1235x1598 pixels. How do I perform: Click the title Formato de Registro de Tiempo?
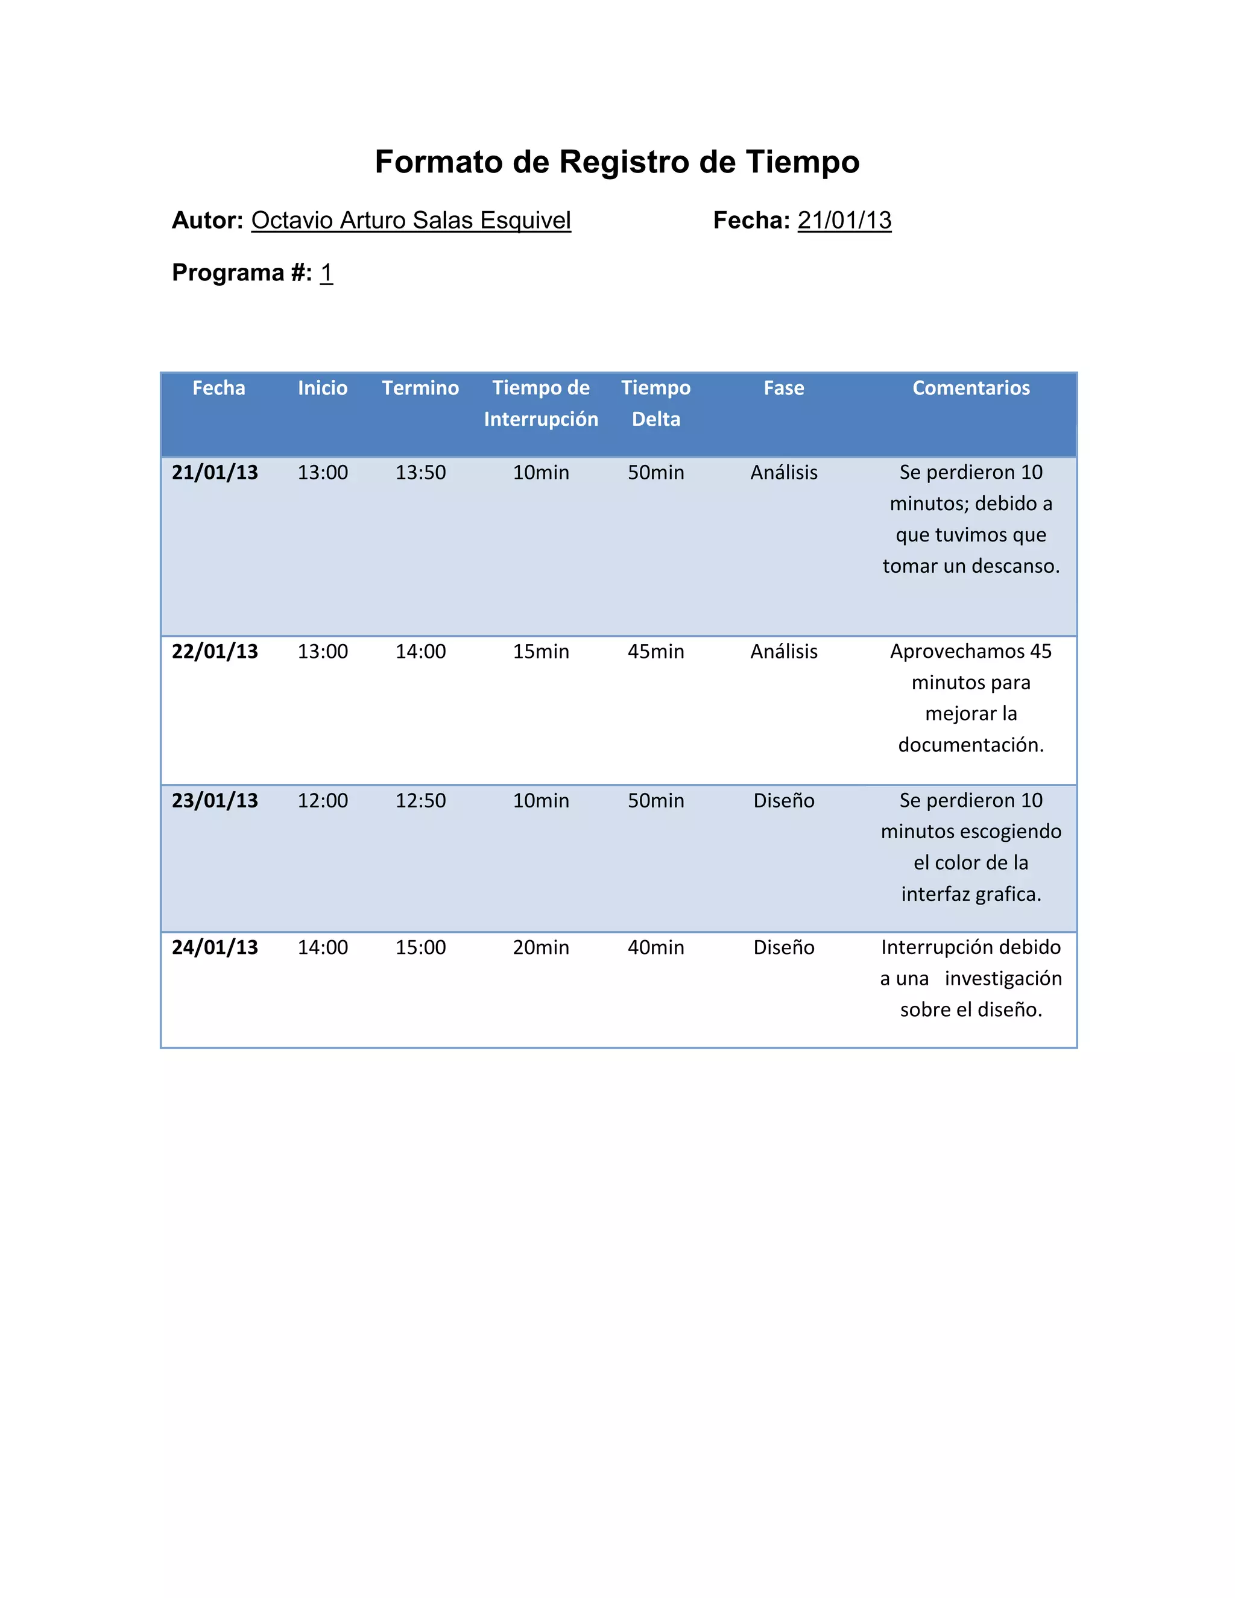617,162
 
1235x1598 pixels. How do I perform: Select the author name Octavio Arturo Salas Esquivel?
411,220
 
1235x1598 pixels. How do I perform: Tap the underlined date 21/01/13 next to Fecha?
844,220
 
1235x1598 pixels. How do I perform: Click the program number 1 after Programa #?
326,273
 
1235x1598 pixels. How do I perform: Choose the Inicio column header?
323,388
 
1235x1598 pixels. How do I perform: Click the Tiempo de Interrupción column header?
541,403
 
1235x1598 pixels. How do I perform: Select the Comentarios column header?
971,388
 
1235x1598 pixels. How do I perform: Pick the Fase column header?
783,388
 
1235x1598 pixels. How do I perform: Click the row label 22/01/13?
215,651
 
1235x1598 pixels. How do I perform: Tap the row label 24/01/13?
215,947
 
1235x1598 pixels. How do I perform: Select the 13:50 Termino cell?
421,473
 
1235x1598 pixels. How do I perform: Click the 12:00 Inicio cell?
323,800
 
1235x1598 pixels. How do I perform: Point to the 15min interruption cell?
541,651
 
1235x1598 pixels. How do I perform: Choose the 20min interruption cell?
541,947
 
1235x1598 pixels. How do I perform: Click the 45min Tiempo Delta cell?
655,651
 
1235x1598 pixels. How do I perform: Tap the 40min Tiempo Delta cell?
655,947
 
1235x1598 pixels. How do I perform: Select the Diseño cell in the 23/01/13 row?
783,800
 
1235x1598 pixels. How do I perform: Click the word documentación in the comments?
970,745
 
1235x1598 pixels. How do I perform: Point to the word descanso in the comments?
1015,566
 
